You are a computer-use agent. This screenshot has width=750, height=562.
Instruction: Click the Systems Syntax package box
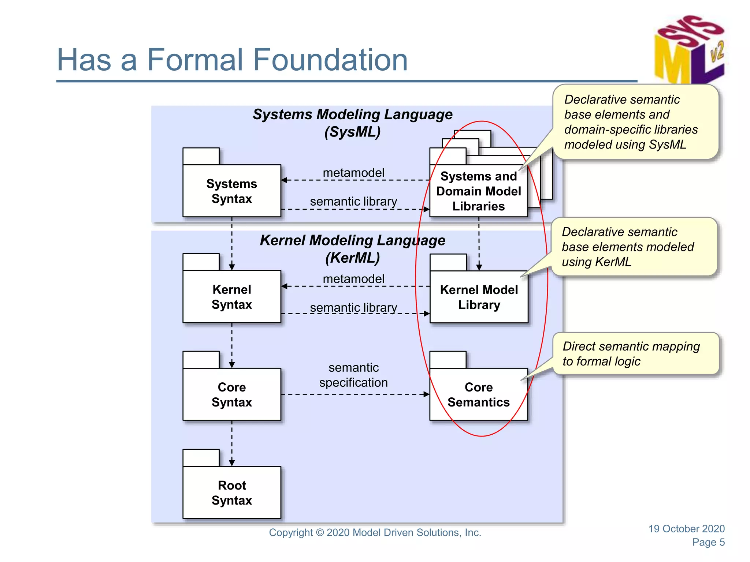point(232,191)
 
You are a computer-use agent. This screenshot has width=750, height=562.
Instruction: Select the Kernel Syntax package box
point(232,296)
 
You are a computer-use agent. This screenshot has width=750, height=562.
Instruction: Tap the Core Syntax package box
point(232,394)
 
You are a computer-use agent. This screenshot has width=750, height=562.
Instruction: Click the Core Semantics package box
point(478,394)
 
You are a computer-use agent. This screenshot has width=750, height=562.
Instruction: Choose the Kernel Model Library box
point(479,297)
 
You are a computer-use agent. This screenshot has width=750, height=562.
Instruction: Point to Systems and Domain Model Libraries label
point(478,191)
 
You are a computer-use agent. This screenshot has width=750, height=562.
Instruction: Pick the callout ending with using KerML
point(634,247)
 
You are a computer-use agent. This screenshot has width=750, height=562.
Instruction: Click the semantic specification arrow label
point(353,375)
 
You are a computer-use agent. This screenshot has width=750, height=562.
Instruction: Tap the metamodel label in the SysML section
point(353,173)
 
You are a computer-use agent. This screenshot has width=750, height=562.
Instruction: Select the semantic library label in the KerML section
point(353,307)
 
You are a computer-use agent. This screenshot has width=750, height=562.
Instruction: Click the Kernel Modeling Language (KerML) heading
point(352,249)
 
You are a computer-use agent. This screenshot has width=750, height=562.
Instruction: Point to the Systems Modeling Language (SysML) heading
point(352,123)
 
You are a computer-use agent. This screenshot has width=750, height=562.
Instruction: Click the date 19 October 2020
point(686,528)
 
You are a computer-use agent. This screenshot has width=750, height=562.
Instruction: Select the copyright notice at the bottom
point(375,532)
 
